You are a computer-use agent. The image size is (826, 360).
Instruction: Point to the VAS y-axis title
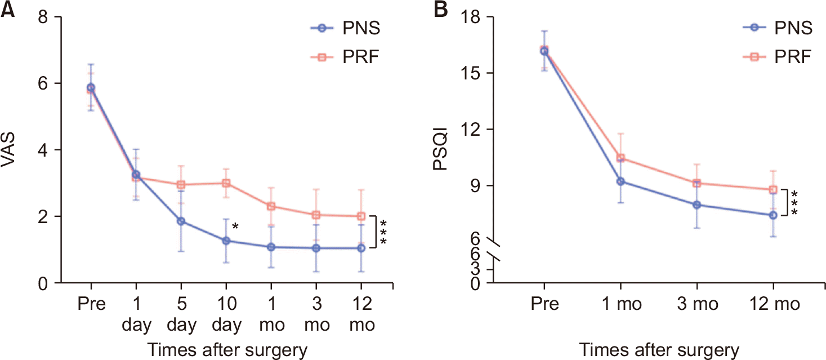coord(10,150)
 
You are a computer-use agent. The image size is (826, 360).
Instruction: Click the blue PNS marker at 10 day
coord(226,241)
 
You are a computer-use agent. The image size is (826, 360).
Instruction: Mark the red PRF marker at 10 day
coord(226,183)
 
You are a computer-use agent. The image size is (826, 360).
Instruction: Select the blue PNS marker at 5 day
coord(181,221)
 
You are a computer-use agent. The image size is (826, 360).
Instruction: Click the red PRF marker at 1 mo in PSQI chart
coord(620,158)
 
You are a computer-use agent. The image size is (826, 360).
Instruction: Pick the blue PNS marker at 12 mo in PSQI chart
coord(773,215)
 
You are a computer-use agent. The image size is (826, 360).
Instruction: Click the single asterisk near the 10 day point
coord(236,227)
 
